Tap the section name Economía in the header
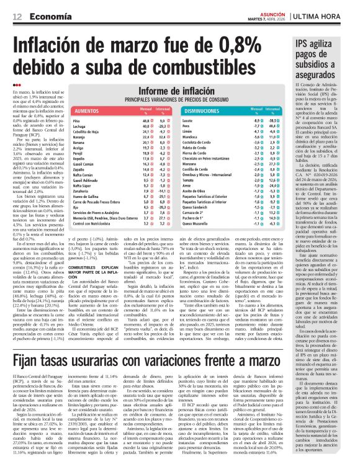coord(48,16)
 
